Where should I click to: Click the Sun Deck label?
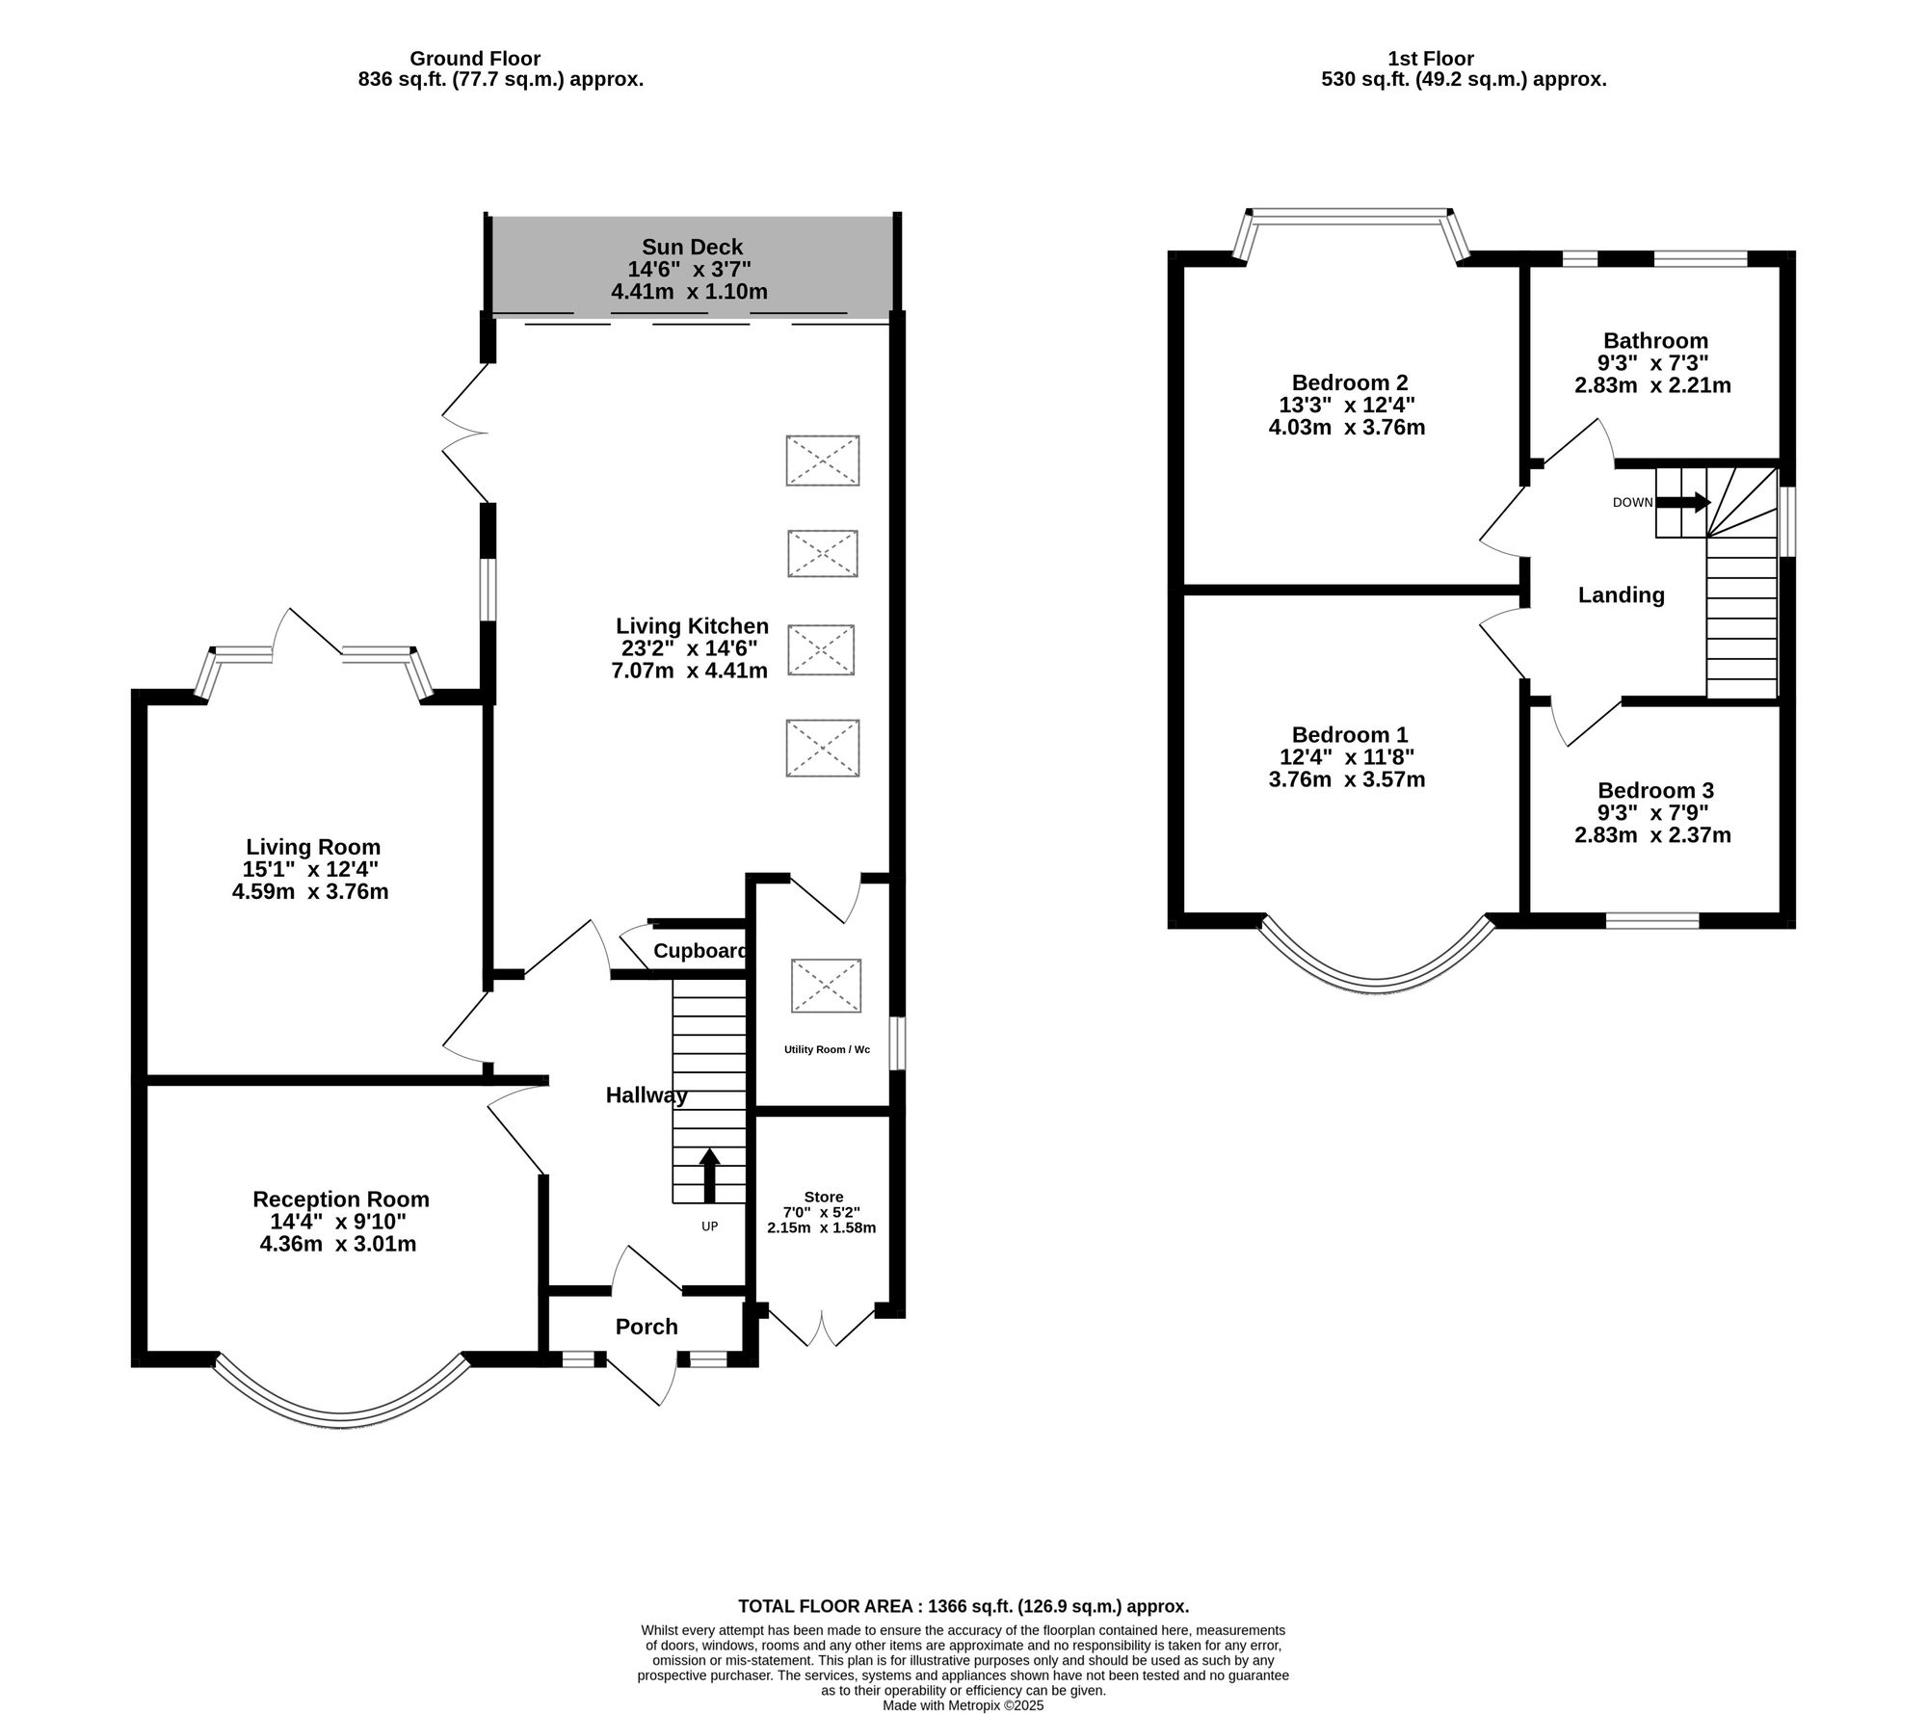[x=692, y=248]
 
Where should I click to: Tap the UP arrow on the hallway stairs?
[x=709, y=1174]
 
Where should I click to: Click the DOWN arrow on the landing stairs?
[x=1688, y=502]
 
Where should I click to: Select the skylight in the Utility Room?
[x=826, y=985]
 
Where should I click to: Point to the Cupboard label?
[x=700, y=951]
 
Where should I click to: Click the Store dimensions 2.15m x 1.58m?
[x=821, y=1227]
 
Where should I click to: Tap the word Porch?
[x=647, y=1327]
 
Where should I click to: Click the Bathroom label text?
[x=1655, y=341]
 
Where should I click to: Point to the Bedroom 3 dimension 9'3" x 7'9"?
[x=1654, y=812]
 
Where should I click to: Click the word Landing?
[x=1621, y=595]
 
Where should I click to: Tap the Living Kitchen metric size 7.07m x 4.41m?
[x=689, y=671]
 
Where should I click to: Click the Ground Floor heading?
[x=475, y=59]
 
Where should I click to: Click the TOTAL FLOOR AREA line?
[x=963, y=1606]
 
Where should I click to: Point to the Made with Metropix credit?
[x=963, y=1704]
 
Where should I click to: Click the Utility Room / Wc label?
[x=826, y=1049]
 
